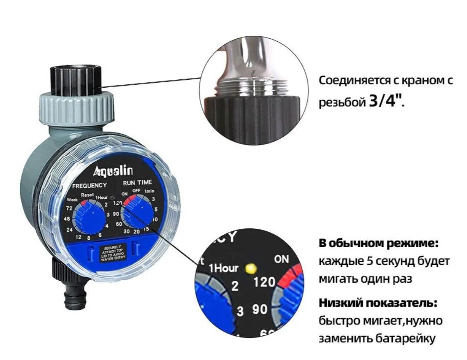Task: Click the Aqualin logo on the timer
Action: [113, 171]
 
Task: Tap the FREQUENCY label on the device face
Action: [89, 186]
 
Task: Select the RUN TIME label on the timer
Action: [137, 183]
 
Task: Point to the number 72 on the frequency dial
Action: [69, 208]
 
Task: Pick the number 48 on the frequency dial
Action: [67, 219]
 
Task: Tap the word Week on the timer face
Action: [72, 200]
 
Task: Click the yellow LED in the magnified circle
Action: [250, 269]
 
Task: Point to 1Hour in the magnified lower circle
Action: [223, 268]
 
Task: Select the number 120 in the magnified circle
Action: [264, 282]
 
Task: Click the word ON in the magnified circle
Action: [281, 259]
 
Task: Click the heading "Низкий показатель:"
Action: [378, 303]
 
